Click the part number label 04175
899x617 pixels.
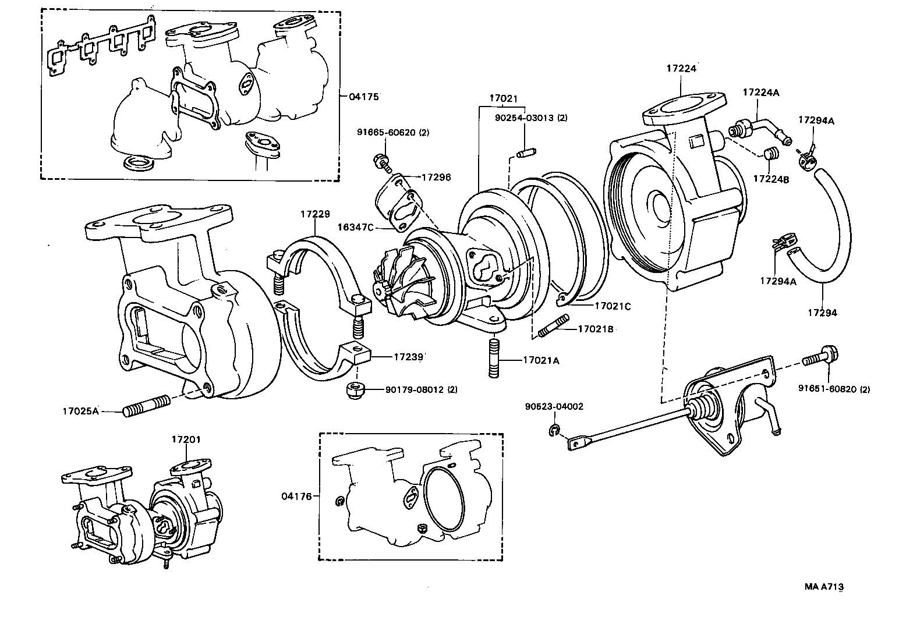tap(364, 97)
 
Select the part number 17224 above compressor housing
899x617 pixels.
tap(681, 69)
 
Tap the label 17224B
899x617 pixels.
tap(771, 179)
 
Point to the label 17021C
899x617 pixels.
tap(613, 306)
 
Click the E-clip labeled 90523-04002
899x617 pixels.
tap(553, 430)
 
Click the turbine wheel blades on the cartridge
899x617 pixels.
tap(396, 283)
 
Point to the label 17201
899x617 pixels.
tap(186, 439)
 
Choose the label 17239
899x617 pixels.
tap(408, 356)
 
